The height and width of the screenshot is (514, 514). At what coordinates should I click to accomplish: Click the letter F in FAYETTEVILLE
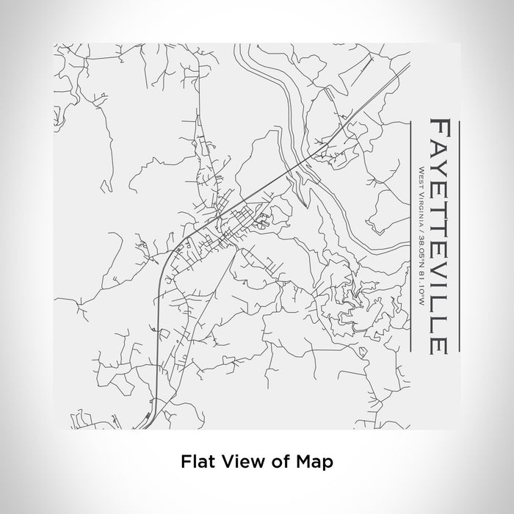439,127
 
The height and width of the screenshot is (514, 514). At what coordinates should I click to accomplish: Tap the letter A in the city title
439,146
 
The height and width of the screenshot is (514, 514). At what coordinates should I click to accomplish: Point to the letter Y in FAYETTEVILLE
439,167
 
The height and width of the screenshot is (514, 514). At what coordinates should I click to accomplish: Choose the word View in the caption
234,462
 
